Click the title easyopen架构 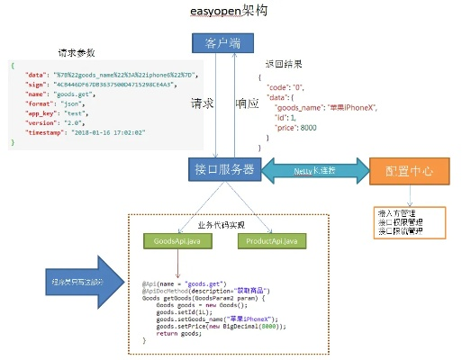229,13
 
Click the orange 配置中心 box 408,169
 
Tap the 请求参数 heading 77,51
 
